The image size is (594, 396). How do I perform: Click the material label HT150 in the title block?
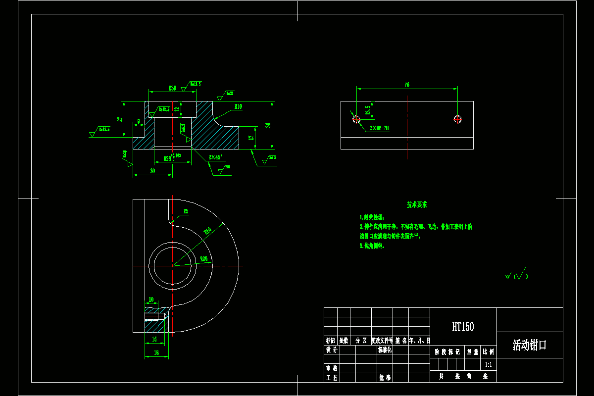click(x=463, y=327)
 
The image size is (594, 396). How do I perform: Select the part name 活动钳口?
click(x=529, y=345)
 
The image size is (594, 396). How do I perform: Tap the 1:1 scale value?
click(x=488, y=364)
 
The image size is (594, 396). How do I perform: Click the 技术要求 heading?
click(x=417, y=204)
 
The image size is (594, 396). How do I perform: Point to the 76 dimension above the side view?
click(x=407, y=85)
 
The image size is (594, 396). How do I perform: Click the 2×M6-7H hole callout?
click(x=379, y=128)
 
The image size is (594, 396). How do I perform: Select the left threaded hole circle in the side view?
click(x=356, y=119)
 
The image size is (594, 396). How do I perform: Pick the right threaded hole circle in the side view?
click(x=457, y=119)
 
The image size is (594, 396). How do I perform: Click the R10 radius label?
click(x=238, y=106)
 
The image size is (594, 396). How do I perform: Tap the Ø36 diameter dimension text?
click(x=172, y=88)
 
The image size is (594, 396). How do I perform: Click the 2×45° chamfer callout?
click(x=215, y=157)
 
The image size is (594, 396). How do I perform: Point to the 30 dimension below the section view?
click(x=152, y=171)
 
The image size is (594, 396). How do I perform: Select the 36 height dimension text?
click(x=268, y=125)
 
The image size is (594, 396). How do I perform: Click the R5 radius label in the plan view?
click(x=186, y=211)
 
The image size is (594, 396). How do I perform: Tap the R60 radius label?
click(x=208, y=231)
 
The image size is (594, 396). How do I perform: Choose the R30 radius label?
click(x=203, y=259)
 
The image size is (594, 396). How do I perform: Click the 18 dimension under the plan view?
click(x=156, y=352)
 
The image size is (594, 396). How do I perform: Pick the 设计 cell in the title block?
click(x=331, y=349)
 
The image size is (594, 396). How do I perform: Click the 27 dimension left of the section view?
click(x=119, y=119)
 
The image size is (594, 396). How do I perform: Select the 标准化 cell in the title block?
click(x=385, y=349)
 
